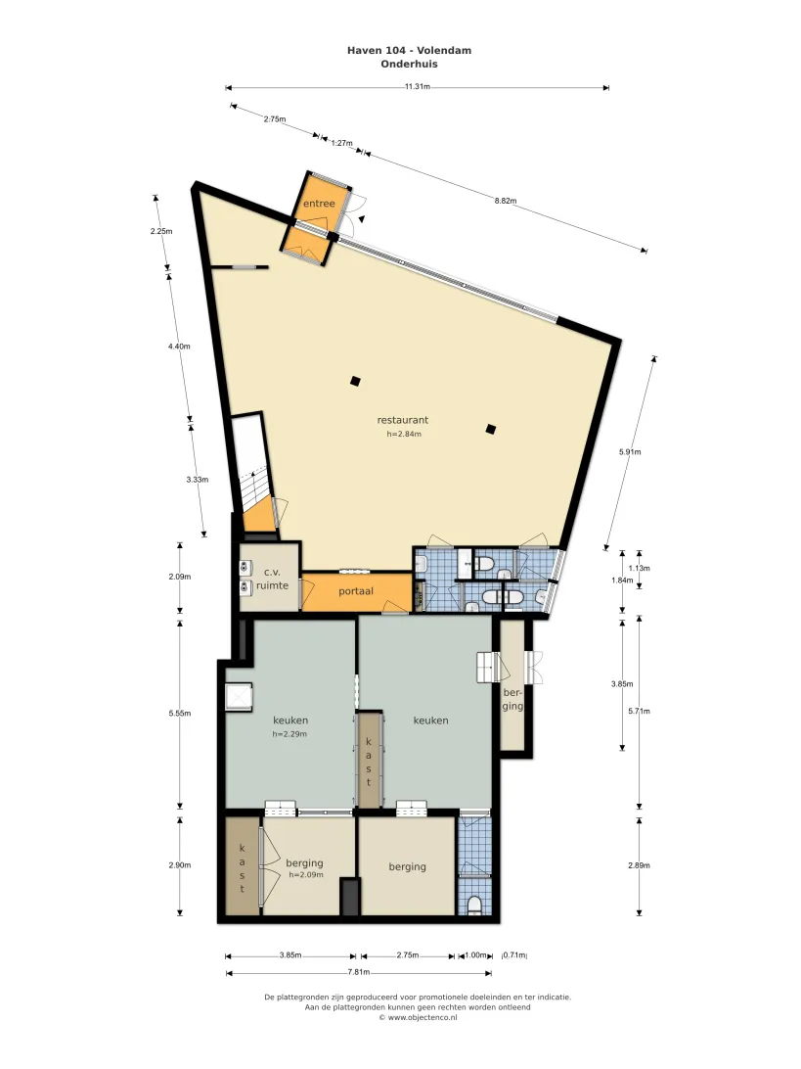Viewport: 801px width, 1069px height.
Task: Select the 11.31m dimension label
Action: pyautogui.click(x=417, y=86)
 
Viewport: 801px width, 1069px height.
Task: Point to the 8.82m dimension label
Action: pyautogui.click(x=506, y=201)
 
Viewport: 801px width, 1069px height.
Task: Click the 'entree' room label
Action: pyautogui.click(x=319, y=204)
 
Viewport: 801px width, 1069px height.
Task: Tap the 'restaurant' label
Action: pyautogui.click(x=403, y=420)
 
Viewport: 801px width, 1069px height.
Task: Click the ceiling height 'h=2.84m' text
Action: pyautogui.click(x=404, y=434)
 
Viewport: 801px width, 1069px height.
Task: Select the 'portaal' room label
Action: pyautogui.click(x=356, y=591)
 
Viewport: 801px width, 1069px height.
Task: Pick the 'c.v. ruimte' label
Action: pyautogui.click(x=272, y=579)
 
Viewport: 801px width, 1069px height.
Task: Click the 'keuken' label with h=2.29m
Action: pyautogui.click(x=290, y=720)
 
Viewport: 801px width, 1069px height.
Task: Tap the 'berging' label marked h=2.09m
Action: pyautogui.click(x=304, y=863)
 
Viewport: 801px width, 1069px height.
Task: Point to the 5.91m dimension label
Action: pyautogui.click(x=630, y=451)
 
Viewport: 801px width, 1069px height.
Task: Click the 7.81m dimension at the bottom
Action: pyautogui.click(x=358, y=972)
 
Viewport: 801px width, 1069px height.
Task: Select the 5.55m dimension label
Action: pyautogui.click(x=179, y=713)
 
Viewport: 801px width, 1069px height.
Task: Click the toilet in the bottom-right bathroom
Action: pyautogui.click(x=475, y=906)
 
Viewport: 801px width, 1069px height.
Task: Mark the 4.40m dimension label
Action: pyautogui.click(x=179, y=347)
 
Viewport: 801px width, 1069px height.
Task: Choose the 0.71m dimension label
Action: pyautogui.click(x=514, y=955)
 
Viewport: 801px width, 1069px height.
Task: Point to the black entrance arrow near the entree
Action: pyautogui.click(x=362, y=219)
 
